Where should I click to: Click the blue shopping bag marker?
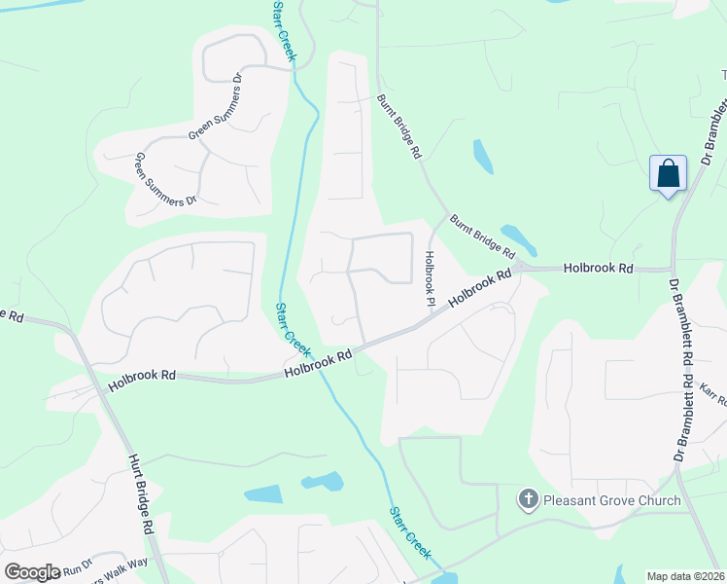668,174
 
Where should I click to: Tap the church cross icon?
528,500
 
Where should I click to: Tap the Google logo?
32,572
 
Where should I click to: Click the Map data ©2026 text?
685,576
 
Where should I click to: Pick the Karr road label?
712,400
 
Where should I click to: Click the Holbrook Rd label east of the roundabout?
598,267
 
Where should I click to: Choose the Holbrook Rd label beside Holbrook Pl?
480,290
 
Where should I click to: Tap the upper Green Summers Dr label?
215,108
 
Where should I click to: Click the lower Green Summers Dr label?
165,179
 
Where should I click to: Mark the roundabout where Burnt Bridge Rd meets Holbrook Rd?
522,266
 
